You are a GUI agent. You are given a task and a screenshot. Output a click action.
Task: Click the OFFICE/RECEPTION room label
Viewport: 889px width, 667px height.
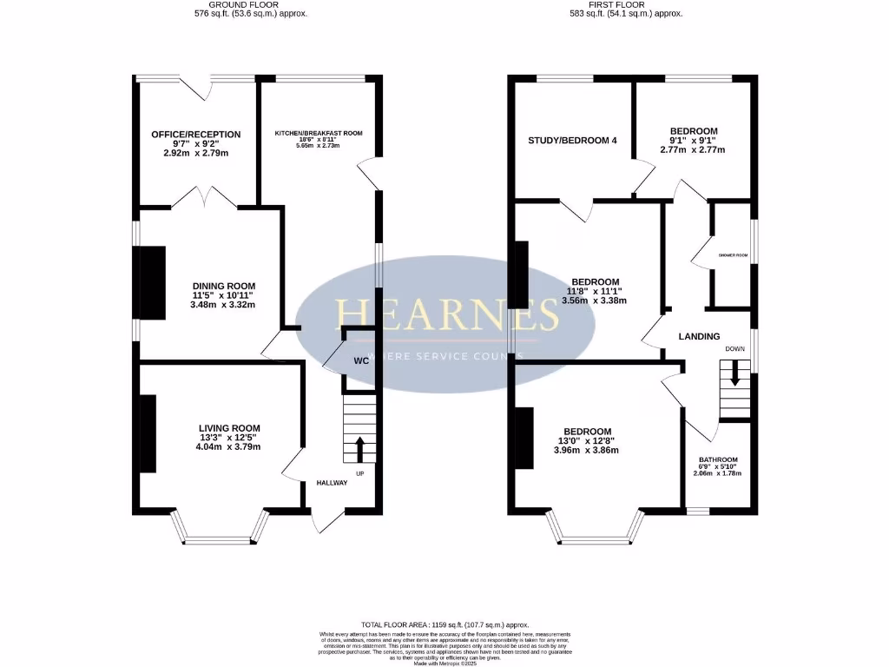pyautogui.click(x=195, y=135)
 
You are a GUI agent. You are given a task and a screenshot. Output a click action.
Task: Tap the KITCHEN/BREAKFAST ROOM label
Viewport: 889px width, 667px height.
pyautogui.click(x=319, y=133)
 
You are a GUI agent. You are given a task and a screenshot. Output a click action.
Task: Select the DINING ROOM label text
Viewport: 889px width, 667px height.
pyautogui.click(x=224, y=287)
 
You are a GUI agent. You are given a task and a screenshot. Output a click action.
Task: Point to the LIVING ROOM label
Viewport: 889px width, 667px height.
pyautogui.click(x=229, y=428)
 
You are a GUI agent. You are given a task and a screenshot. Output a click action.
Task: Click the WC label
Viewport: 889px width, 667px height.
pyautogui.click(x=361, y=360)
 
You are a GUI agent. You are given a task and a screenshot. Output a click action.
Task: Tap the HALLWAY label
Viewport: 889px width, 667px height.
pyautogui.click(x=332, y=483)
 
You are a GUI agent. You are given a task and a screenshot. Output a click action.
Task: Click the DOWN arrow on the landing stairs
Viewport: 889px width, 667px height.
pyautogui.click(x=735, y=374)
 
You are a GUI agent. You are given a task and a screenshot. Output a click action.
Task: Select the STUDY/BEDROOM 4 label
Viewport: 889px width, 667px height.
pyautogui.click(x=573, y=141)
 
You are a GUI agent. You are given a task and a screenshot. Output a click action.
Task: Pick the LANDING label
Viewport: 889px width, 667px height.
pyautogui.click(x=699, y=337)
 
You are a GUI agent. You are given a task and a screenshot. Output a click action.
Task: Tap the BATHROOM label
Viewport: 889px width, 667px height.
pyautogui.click(x=719, y=460)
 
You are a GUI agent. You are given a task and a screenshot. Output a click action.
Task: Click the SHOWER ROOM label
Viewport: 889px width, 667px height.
pyautogui.click(x=733, y=255)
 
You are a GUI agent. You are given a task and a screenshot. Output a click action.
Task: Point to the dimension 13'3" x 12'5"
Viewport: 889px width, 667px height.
pyautogui.click(x=229, y=438)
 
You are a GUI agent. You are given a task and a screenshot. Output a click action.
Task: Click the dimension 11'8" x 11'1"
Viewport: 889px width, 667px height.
pyautogui.click(x=595, y=292)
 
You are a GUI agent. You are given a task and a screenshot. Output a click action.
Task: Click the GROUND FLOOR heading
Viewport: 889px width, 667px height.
pyautogui.click(x=249, y=4)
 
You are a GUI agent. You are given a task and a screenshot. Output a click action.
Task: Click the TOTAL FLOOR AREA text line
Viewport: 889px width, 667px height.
pyautogui.click(x=444, y=625)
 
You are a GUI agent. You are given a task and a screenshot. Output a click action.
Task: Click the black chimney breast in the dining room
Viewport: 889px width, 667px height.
pyautogui.click(x=153, y=282)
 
